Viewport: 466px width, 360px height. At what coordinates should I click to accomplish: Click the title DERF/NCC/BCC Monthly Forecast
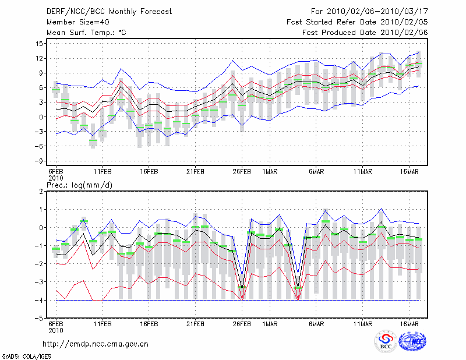[109, 12]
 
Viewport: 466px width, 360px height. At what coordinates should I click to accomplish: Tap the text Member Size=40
[78, 22]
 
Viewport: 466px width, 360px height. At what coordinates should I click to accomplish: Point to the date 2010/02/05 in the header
[404, 22]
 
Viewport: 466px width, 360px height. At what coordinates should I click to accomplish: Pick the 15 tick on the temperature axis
[39, 44]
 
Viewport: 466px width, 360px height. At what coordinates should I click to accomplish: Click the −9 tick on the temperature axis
[38, 161]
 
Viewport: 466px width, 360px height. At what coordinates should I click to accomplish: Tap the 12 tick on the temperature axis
[39, 58]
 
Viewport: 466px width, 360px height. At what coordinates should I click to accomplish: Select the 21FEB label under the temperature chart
[195, 172]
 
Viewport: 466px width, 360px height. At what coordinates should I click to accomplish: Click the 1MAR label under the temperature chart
[270, 172]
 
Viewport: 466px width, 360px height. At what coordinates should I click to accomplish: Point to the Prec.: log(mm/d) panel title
[79, 185]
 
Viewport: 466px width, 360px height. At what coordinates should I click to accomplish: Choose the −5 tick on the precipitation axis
[38, 318]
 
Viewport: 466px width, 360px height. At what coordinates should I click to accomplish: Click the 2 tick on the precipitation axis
[41, 192]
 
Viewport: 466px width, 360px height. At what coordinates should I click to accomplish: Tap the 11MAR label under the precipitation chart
[363, 324]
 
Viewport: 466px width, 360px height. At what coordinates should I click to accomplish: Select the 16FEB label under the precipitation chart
[149, 324]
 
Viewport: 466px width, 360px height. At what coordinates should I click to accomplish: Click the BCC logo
[386, 342]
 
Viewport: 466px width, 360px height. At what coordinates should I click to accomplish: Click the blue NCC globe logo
[412, 341]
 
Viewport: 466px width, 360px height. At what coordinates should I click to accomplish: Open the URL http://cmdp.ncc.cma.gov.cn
[96, 344]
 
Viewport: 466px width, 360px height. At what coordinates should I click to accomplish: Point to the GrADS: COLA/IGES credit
[26, 357]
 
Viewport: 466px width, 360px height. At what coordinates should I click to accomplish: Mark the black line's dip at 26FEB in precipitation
[242, 287]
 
